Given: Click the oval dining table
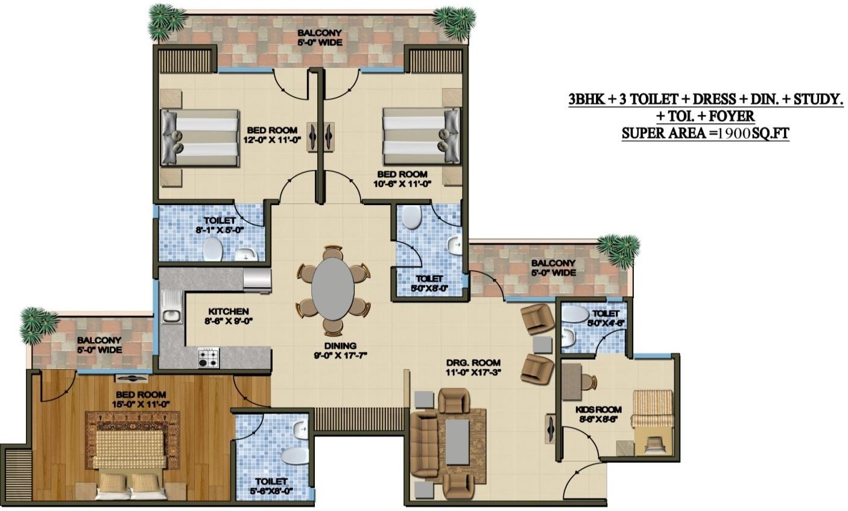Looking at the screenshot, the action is coord(333,290).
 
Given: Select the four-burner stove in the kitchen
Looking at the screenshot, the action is coord(208,358).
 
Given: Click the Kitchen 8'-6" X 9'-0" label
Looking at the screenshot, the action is coord(228,316).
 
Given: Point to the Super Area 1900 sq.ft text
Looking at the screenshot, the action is coord(705,133).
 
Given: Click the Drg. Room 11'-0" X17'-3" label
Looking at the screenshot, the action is coord(473,367).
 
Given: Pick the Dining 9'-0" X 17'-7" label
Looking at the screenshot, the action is coord(340,351).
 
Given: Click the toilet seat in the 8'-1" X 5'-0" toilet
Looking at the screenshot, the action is coord(213,249).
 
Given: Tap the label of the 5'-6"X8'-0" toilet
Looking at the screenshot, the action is coord(271,486).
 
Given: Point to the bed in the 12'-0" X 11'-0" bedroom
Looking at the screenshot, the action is coord(200,138).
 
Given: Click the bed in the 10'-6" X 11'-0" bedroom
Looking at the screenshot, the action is coord(422,136).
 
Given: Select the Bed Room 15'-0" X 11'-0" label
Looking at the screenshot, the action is coord(141,399).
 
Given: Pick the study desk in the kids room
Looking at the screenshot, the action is coord(571,382).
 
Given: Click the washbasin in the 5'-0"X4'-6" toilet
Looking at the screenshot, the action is coord(567,338).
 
